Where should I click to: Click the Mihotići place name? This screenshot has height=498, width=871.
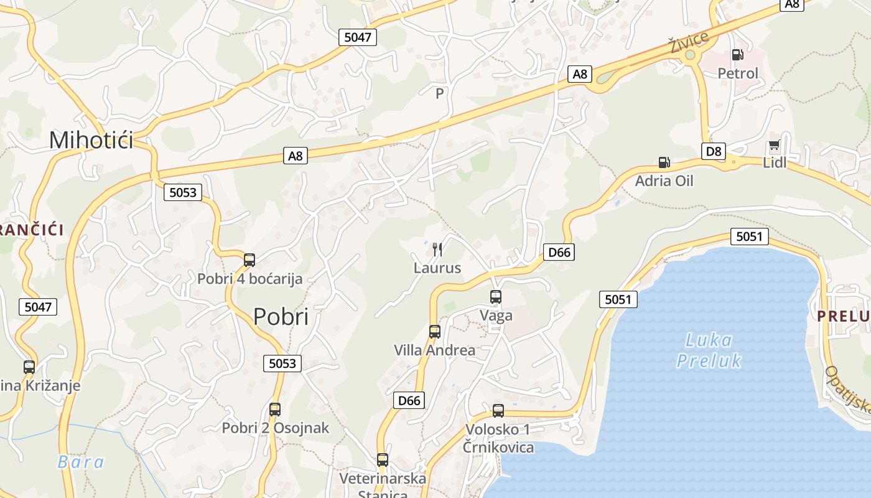(91, 140)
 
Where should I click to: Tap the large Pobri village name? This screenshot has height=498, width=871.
(281, 317)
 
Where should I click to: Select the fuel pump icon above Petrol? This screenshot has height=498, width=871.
(738, 55)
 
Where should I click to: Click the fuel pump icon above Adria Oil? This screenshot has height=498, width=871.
(664, 162)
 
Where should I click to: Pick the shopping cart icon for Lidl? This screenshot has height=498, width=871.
(774, 146)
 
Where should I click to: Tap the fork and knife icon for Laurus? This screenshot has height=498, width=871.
(437, 250)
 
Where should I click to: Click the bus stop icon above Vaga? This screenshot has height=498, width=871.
(496, 297)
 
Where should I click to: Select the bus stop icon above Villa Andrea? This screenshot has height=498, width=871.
(435, 332)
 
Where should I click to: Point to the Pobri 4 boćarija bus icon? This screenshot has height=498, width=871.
(249, 260)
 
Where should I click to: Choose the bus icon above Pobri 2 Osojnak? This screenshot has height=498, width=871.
(275, 410)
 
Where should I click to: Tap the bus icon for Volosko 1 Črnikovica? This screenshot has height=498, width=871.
(498, 411)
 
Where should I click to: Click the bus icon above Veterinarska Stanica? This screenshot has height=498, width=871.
(383, 460)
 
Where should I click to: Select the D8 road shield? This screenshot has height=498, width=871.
(714, 151)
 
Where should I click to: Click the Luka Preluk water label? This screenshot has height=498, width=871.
(709, 350)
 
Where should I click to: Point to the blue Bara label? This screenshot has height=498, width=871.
(81, 462)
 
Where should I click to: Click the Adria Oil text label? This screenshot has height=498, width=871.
(664, 181)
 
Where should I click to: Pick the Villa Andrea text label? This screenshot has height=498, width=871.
(434, 350)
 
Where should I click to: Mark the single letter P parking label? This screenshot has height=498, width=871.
(440, 93)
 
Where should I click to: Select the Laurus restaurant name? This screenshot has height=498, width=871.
(437, 268)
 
